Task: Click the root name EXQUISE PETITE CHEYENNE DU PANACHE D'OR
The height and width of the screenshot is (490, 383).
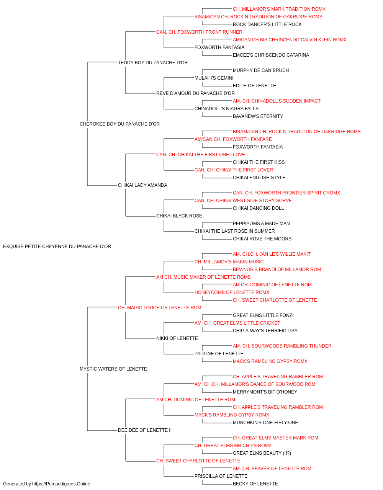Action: tap(57, 247)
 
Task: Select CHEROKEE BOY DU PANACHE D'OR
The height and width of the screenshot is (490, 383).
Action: tap(119, 124)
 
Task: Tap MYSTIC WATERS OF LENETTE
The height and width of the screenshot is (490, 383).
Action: tap(113, 369)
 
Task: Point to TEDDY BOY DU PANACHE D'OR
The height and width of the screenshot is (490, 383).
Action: tap(153, 63)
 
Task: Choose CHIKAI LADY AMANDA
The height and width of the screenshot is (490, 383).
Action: tap(142, 185)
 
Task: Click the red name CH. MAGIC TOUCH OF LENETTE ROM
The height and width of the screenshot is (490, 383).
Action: tap(159, 308)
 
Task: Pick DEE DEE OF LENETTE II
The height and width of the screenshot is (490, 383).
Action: tap(145, 430)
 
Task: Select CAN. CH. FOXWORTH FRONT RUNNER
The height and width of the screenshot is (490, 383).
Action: tap(199, 32)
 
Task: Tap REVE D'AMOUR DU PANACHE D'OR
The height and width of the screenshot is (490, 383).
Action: tap(195, 93)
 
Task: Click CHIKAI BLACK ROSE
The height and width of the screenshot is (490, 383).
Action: tap(179, 216)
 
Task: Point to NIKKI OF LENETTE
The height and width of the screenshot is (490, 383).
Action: tap(177, 338)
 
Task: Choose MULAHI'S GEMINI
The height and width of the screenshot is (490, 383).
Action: tap(214, 78)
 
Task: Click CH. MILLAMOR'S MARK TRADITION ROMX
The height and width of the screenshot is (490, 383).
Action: tap(279, 9)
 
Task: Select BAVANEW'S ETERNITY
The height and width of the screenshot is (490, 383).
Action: tap(258, 116)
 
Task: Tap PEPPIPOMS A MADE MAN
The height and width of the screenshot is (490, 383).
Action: tap(261, 224)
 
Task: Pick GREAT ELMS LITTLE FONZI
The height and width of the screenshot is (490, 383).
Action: tap(263, 315)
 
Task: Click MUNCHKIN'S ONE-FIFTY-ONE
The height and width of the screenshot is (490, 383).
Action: tap(265, 423)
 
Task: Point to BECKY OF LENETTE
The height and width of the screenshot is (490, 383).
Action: tap(255, 484)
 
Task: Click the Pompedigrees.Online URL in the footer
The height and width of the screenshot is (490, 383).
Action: tap(61, 484)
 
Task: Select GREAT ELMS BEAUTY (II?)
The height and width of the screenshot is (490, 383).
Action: tap(262, 453)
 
